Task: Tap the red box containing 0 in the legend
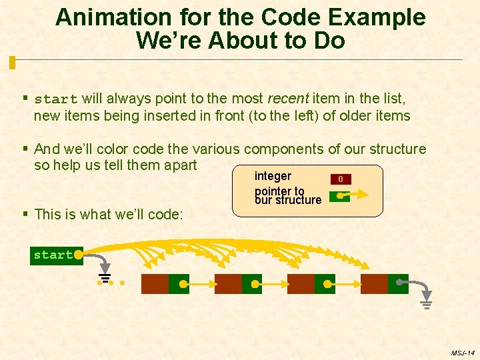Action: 340,179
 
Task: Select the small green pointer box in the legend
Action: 339,197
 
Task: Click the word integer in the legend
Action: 273,176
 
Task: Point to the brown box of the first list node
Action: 155,284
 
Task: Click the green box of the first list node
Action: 179,284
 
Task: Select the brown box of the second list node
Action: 228,284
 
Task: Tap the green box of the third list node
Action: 325,284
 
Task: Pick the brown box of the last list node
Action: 374,284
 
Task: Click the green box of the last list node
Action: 398,284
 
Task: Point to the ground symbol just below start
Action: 105,279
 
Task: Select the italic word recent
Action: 287,99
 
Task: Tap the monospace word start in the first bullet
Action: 56,99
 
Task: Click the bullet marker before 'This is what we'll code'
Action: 25,214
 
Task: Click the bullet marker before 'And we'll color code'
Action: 25,149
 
